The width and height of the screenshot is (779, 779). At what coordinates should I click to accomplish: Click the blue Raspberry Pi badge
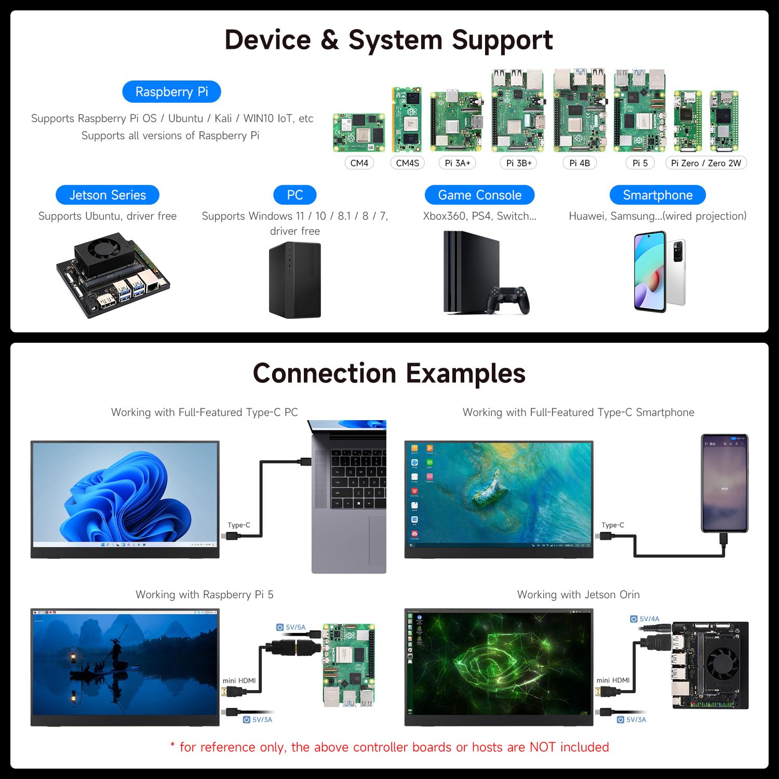point(171,92)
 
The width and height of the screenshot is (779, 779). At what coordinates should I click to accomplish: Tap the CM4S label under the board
point(407,163)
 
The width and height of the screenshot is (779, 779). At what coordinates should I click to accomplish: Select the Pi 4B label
point(580,163)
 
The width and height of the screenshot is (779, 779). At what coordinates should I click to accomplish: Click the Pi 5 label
point(640,163)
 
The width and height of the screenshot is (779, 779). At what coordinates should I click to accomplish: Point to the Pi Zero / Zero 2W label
point(706,163)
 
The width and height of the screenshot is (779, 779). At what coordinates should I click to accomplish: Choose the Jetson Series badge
point(108,195)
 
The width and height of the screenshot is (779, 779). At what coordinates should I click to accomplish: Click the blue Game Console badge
point(479,195)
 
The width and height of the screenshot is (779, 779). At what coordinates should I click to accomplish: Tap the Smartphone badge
point(657,195)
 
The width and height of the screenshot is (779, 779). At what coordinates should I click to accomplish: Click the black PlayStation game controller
point(508,300)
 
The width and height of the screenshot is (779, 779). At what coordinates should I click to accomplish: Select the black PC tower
point(295,280)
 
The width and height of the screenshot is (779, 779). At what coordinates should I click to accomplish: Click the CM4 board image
point(359,132)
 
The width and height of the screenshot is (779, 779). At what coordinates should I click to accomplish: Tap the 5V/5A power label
point(295,627)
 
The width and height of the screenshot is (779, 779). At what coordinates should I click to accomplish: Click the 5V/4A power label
point(649,619)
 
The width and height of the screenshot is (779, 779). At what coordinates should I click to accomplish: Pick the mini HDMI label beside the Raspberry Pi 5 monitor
point(239,680)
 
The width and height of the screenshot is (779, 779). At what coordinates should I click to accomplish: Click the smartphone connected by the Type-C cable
point(724,483)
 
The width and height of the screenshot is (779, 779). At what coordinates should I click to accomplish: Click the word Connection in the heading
point(325,373)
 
